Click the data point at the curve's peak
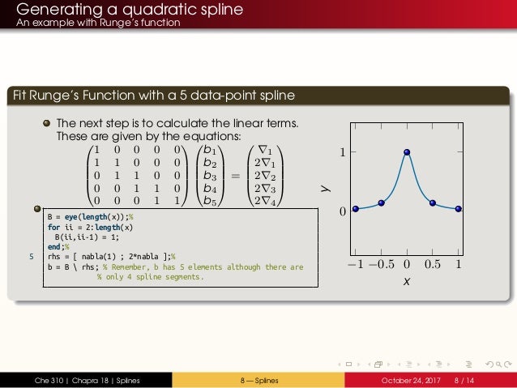click(x=407, y=151)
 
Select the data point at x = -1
click(x=356, y=209)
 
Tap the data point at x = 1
click(x=459, y=209)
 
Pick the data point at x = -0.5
click(x=381, y=203)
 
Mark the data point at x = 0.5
click(x=433, y=203)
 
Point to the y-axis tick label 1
click(x=342, y=152)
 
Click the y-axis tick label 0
click(x=342, y=211)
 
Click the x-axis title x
click(x=407, y=282)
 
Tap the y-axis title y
click(x=323, y=187)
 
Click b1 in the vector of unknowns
click(x=210, y=150)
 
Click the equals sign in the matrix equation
click(x=236, y=175)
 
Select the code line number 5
click(x=32, y=257)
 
